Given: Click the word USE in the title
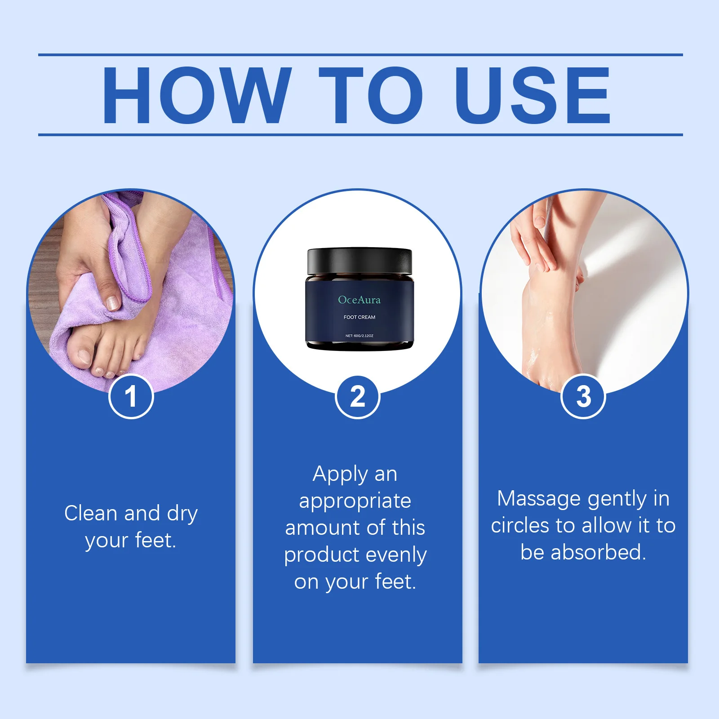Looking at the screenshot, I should click(532, 95).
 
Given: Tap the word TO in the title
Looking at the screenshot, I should click(371, 95).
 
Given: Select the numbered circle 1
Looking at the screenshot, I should click(131, 396).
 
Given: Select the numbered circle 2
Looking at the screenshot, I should click(358, 396).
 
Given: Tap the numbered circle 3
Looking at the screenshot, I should click(583, 396).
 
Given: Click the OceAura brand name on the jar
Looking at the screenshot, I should click(359, 300).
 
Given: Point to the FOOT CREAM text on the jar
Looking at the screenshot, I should click(359, 317).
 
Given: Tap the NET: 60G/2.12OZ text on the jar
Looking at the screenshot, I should click(359, 336).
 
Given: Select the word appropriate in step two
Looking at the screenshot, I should click(355, 501).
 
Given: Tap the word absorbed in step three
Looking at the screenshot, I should click(598, 552).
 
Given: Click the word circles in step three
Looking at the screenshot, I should click(520, 526).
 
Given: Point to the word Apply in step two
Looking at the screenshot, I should click(340, 475).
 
